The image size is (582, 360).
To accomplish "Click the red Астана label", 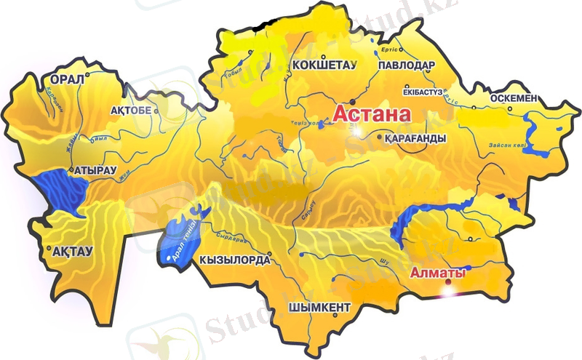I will [372, 114].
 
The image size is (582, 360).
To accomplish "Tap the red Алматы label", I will [437, 273].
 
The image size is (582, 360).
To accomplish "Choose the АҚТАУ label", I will [73, 251].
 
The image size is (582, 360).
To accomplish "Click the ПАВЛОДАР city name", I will [407, 65].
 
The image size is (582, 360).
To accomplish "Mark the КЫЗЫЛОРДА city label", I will [234, 259].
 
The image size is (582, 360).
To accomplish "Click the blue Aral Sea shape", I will [178, 236].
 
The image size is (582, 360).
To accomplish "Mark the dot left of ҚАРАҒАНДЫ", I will [380, 136].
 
